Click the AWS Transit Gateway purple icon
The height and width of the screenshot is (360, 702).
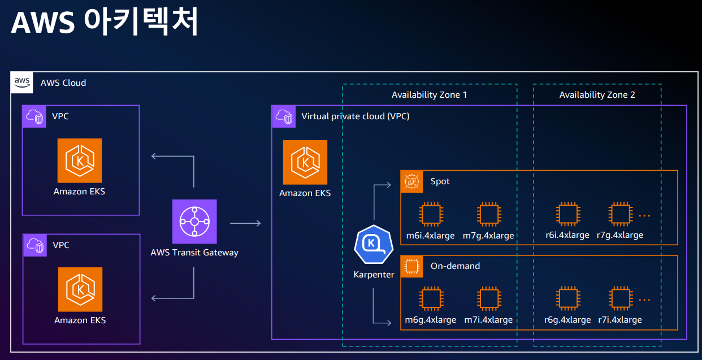coord(194,222)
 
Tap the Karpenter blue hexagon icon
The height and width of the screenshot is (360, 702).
coord(373,245)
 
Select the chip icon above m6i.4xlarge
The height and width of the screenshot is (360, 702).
coord(430,215)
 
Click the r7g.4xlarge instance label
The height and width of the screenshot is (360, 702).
coord(619,235)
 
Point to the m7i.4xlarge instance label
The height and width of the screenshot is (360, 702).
coord(488,320)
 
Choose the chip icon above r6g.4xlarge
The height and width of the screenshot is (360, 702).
coord(567,299)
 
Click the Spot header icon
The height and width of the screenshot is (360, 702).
coord(412,181)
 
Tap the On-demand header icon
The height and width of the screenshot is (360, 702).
coord(412,266)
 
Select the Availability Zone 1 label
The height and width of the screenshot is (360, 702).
coord(429,95)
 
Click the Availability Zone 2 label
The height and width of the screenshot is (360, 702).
coord(597,95)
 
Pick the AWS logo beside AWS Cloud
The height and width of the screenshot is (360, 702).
coord(23,83)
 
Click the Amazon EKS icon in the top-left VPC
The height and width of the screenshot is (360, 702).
coord(80,161)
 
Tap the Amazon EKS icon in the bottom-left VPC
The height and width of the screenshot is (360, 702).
coord(80,289)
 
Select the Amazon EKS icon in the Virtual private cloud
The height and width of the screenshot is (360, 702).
coord(305,162)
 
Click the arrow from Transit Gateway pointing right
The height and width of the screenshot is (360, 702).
coord(245,224)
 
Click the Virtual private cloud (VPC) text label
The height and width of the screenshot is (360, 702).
coord(355,116)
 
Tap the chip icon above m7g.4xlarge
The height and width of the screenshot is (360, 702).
coord(488,215)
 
